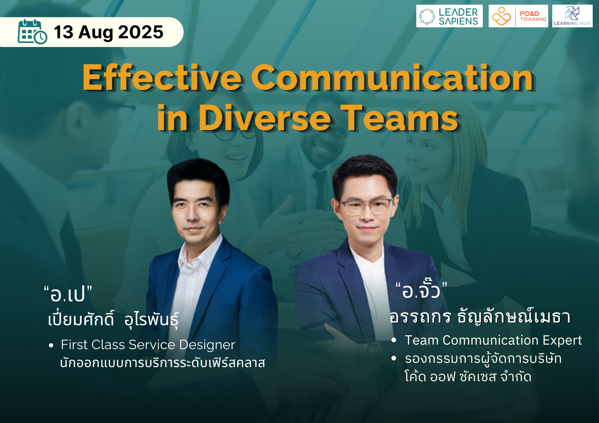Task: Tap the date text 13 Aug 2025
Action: point(109,32)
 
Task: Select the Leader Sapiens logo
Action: point(449,16)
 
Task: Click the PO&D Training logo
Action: point(518,16)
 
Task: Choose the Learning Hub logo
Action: point(572,16)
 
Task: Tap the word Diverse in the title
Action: point(265,118)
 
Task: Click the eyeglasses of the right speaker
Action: point(366,206)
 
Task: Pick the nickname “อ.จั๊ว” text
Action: point(421,289)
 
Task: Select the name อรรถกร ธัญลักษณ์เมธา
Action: point(480,317)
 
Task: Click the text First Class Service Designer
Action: point(148,345)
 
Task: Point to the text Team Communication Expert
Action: point(493,340)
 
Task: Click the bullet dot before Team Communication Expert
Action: point(394,340)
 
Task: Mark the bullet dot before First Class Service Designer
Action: point(51,346)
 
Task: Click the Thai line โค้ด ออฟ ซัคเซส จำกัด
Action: point(468,377)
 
